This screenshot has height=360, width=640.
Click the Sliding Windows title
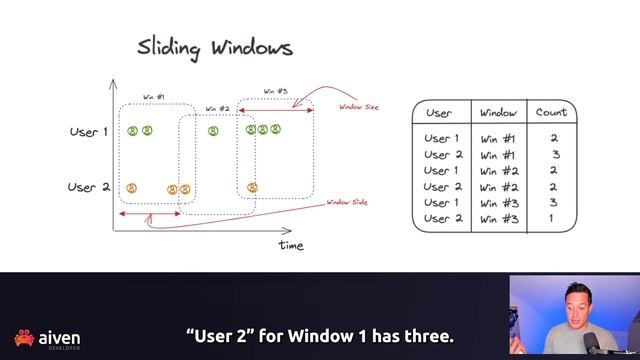tap(215, 48)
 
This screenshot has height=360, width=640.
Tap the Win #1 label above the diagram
tap(153, 97)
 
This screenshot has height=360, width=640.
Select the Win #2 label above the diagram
tap(217, 108)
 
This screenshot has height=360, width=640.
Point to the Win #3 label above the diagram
tap(276, 91)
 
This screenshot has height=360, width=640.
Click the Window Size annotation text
tap(357, 106)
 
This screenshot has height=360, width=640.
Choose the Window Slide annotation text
tap(347, 203)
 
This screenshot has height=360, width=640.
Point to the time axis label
tap(291, 245)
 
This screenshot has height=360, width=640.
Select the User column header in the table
tap(439, 113)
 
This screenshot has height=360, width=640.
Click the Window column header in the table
tap(498, 113)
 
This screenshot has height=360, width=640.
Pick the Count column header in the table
tap(551, 113)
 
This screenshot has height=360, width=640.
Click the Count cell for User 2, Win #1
tap(555, 155)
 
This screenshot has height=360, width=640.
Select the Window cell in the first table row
tap(498, 139)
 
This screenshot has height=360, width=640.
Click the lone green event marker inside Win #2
tap(213, 130)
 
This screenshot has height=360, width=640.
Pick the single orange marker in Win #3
tap(252, 187)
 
